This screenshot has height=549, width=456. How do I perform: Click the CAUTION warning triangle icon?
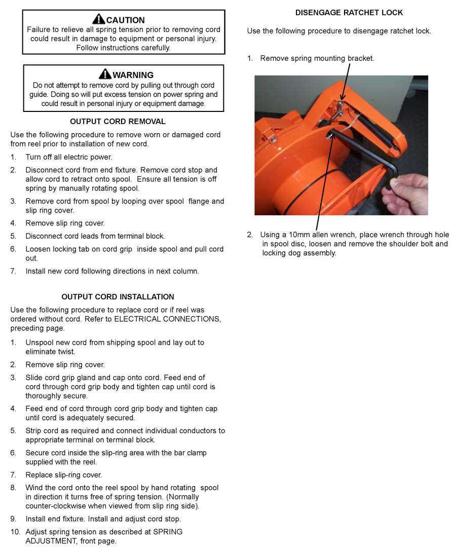(99, 20)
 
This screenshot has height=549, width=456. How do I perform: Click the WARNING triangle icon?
(105, 74)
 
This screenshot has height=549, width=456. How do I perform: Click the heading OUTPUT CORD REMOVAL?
(118, 122)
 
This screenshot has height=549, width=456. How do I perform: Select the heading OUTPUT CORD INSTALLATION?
(118, 297)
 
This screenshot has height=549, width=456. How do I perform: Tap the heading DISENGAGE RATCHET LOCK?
(349, 12)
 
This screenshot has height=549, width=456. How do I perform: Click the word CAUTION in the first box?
(125, 20)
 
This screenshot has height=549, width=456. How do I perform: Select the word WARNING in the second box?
(133, 75)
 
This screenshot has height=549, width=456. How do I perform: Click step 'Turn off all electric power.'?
(69, 157)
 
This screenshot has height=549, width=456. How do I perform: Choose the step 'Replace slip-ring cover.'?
(64, 475)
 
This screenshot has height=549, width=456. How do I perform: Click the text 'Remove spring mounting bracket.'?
(317, 58)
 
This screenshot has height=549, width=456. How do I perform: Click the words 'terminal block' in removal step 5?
(141, 236)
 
